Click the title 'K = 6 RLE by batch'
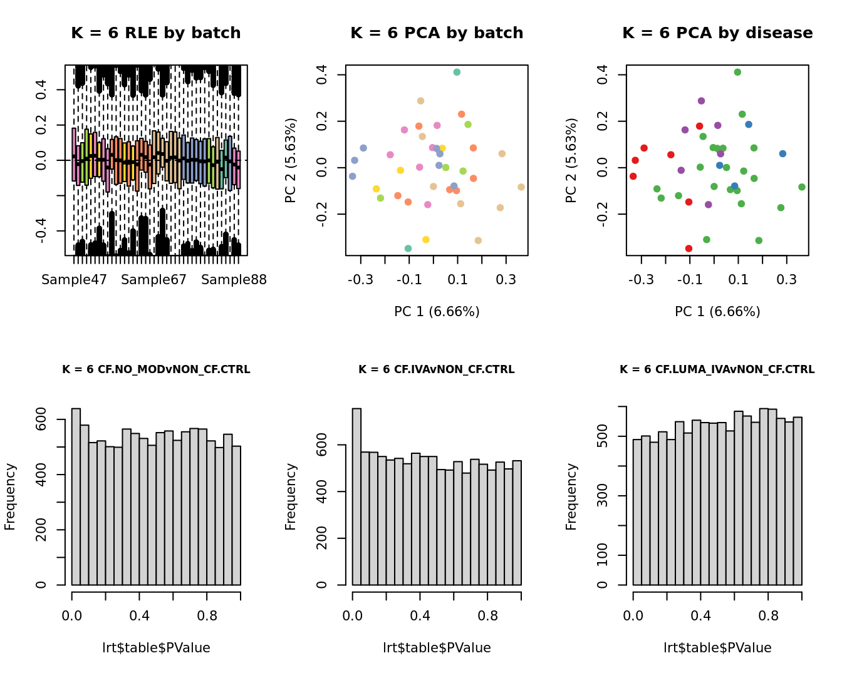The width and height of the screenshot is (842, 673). pyautogui.click(x=155, y=33)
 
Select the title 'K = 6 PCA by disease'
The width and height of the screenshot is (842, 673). pyautogui.click(x=717, y=33)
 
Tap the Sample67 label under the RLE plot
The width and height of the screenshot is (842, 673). pyautogui.click(x=153, y=280)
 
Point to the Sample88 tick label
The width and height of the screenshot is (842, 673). pyautogui.click(x=234, y=280)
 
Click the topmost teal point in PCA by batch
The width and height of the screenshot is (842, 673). pyautogui.click(x=457, y=72)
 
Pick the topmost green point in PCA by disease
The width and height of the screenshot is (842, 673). pyautogui.click(x=737, y=72)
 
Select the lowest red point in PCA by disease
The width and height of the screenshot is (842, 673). pyautogui.click(x=689, y=249)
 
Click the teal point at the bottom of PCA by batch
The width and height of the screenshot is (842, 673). pyautogui.click(x=408, y=249)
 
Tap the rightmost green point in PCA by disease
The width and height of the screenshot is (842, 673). pyautogui.click(x=802, y=187)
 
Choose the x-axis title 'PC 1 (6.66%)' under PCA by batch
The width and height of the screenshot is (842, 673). pyautogui.click(x=437, y=312)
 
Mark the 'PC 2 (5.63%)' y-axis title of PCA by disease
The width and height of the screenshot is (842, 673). pyautogui.click(x=571, y=160)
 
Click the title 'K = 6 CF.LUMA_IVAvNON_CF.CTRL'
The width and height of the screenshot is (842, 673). pyautogui.click(x=717, y=370)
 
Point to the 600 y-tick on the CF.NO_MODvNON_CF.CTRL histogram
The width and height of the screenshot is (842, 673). pyautogui.click(x=41, y=419)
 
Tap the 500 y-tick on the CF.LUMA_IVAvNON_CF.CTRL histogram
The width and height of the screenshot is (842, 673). pyautogui.click(x=603, y=436)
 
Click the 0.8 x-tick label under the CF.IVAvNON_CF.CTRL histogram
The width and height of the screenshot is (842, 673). pyautogui.click(x=487, y=616)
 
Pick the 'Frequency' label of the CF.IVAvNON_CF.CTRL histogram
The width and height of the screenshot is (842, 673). pyautogui.click(x=291, y=496)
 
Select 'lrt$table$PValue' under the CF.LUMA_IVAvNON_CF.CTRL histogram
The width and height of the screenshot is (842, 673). pyautogui.click(x=717, y=648)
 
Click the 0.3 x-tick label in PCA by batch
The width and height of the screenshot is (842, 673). pyautogui.click(x=506, y=280)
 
